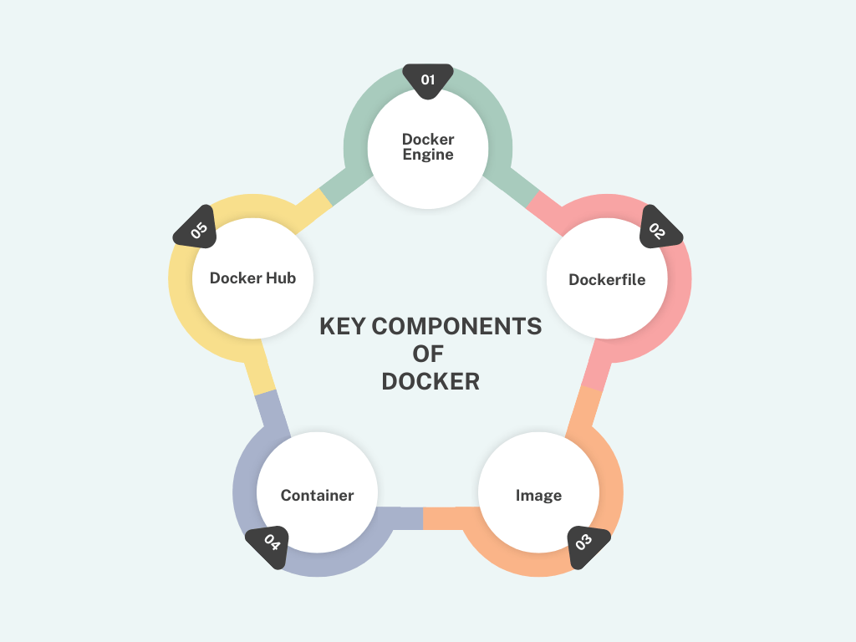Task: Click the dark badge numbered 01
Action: click(428, 80)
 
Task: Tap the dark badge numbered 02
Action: click(660, 229)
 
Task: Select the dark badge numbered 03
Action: click(586, 545)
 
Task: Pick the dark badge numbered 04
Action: click(268, 545)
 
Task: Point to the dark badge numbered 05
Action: click(196, 229)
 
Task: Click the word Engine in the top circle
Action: click(428, 155)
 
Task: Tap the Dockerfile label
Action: click(607, 279)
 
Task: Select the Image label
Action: click(539, 496)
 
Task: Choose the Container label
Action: click(317, 495)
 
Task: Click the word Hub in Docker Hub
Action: click(282, 278)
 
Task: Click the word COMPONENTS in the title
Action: click(457, 327)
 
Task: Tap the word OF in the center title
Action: click(428, 354)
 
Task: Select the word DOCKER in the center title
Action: click(431, 381)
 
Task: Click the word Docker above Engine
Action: click(428, 140)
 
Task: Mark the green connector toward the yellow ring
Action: click(345, 186)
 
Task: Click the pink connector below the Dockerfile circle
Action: click(596, 364)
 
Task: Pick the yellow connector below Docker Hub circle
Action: click(260, 367)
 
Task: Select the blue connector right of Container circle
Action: click(400, 518)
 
